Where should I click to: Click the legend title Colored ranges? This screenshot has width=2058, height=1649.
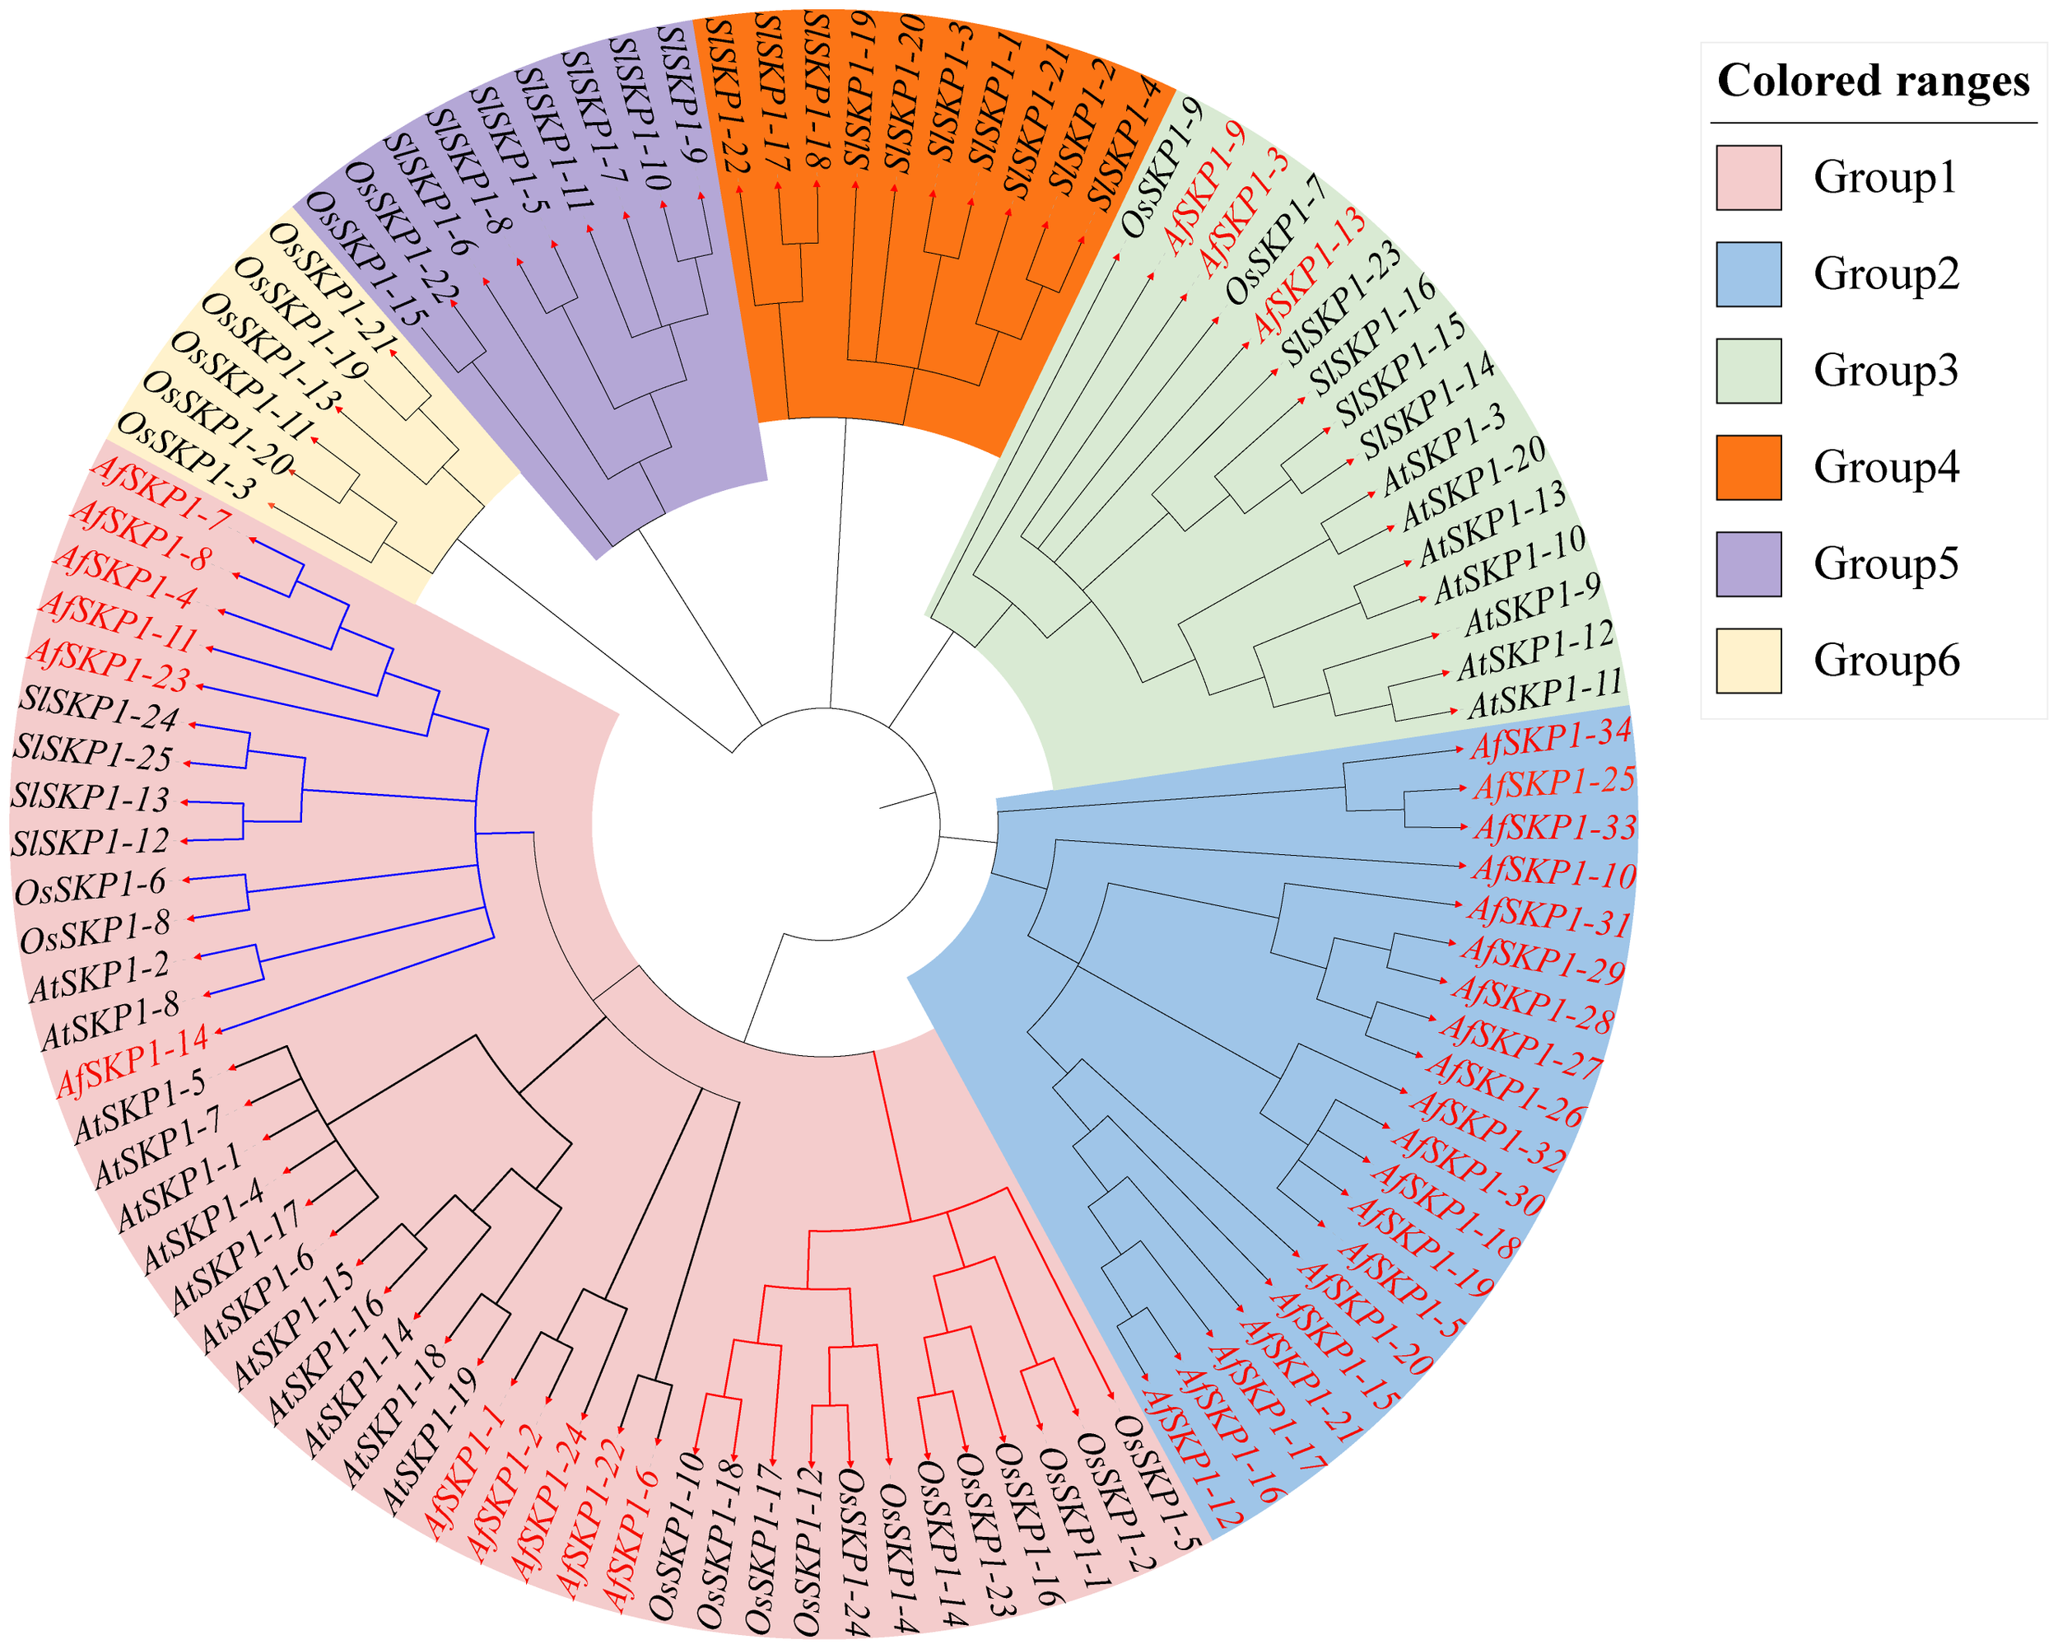click(x=1873, y=82)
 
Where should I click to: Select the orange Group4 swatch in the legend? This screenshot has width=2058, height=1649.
click(x=1748, y=468)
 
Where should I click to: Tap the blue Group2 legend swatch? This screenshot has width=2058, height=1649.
click(x=1748, y=274)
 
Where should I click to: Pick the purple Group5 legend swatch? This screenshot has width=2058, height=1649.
click(x=1748, y=564)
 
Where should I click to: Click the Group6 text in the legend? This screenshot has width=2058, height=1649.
click(x=1886, y=661)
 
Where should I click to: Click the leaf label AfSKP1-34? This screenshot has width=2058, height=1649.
click(x=1550, y=739)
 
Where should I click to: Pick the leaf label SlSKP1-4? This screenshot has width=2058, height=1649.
click(x=1126, y=143)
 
